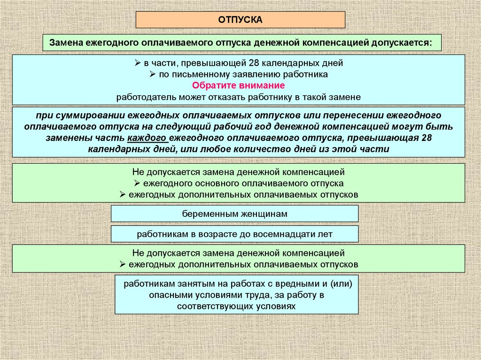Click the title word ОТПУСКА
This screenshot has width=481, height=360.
pyautogui.click(x=240, y=20)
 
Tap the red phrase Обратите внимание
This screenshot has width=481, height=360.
pyautogui.click(x=239, y=86)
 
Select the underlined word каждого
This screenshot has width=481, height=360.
pyautogui.click(x=147, y=138)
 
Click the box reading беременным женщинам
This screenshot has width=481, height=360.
pyautogui.click(x=234, y=214)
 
